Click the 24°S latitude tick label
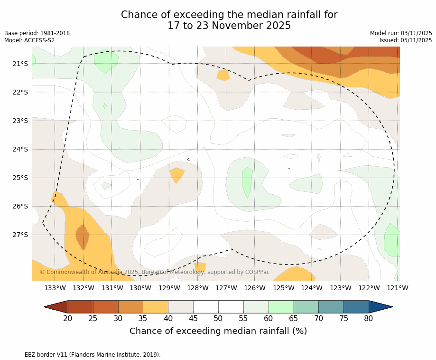(20, 149)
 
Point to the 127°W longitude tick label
(226, 288)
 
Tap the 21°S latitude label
(20, 64)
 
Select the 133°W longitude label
(55, 288)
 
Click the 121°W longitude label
(398, 288)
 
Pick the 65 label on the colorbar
(294, 318)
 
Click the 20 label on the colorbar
(68, 318)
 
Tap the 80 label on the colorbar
(369, 318)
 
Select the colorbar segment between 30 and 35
(130, 307)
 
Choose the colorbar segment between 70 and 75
(331, 307)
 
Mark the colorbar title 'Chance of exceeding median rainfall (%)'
(218, 331)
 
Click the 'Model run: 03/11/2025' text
(401, 33)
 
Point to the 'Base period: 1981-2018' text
(37, 33)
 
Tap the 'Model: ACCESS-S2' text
(29, 40)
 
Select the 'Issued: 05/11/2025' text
(406, 40)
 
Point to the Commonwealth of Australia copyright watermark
(154, 272)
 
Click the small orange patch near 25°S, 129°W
(176, 174)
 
